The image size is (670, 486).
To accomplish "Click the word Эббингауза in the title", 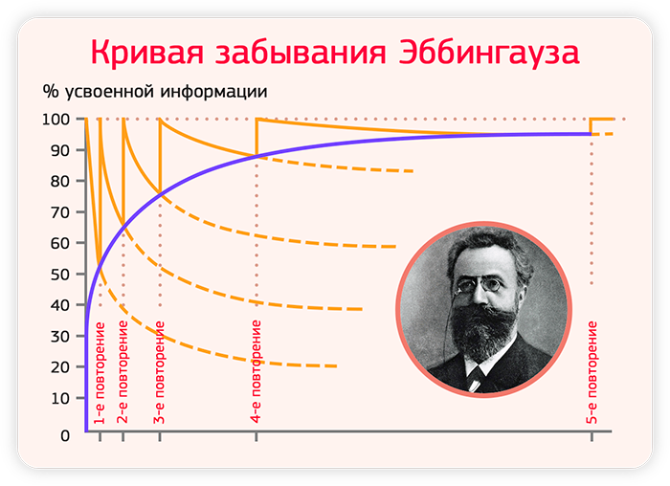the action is tap(489, 53).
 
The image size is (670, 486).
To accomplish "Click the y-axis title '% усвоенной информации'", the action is tap(155, 92).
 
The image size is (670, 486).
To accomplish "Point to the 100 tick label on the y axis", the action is tap(56, 120).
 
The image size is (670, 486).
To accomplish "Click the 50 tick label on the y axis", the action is tap(60, 275).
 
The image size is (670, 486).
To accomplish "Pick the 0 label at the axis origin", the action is tap(65, 436).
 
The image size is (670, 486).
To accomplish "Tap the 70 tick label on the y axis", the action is tap(60, 212).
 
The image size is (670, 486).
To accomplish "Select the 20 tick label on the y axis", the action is tap(60, 367).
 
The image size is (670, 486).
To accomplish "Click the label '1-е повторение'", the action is tap(100, 373).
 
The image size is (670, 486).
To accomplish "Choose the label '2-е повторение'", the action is tap(123, 372).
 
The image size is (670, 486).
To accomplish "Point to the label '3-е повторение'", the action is tap(160, 372).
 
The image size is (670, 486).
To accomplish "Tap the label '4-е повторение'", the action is tap(256, 371).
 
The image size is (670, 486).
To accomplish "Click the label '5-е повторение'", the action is tap(592, 372).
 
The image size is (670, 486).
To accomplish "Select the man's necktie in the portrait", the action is tap(476, 379).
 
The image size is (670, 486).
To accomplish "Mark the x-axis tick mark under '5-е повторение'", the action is tap(592, 436).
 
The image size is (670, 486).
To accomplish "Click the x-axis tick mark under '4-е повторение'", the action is tap(257, 436).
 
